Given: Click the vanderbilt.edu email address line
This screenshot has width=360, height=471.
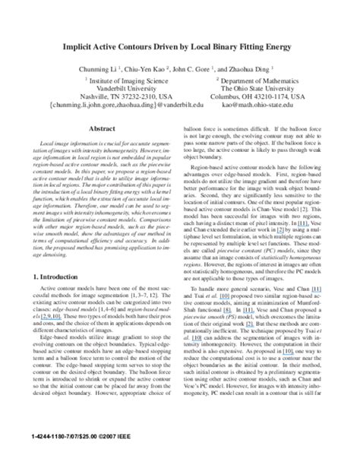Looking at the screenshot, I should click(118, 107).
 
